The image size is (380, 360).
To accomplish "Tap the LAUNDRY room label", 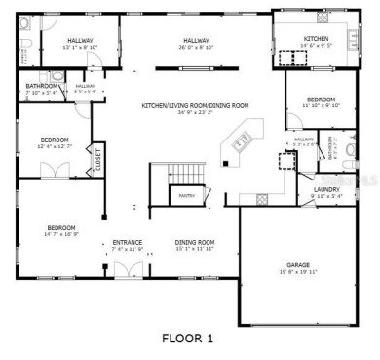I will (325, 190).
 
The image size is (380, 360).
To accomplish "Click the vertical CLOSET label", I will (97, 158).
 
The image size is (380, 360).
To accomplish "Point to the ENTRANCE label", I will (128, 242).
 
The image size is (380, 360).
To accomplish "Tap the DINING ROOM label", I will (194, 242).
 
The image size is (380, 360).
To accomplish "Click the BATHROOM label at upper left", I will (43, 86).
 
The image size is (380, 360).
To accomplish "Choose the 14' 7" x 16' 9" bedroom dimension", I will (61, 235).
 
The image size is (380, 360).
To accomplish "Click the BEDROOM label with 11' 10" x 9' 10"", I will (321, 100).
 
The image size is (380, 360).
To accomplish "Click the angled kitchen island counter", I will (241, 141).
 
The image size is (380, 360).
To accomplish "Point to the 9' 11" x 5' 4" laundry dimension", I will (325, 197).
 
